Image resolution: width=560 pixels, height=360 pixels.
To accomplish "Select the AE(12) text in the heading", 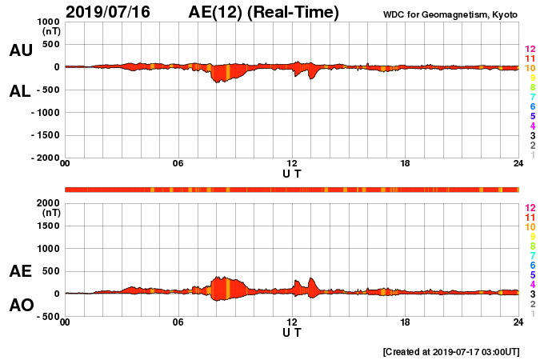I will click(219, 12).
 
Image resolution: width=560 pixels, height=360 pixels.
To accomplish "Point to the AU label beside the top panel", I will click(21, 50).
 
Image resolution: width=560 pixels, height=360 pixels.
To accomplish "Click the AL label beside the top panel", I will click(21, 91).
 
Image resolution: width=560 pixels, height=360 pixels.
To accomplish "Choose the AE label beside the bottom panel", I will click(21, 271).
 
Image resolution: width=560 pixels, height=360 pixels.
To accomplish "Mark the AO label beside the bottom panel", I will click(21, 306).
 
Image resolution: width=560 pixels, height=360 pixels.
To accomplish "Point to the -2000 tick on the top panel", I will click(45, 158).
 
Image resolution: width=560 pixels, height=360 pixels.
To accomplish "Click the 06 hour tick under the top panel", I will click(178, 164).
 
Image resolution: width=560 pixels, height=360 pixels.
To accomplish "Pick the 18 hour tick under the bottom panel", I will click(405, 322).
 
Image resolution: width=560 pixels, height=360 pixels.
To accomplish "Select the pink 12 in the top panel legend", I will click(530, 50).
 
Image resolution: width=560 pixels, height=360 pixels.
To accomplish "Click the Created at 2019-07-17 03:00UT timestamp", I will click(451, 351).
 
